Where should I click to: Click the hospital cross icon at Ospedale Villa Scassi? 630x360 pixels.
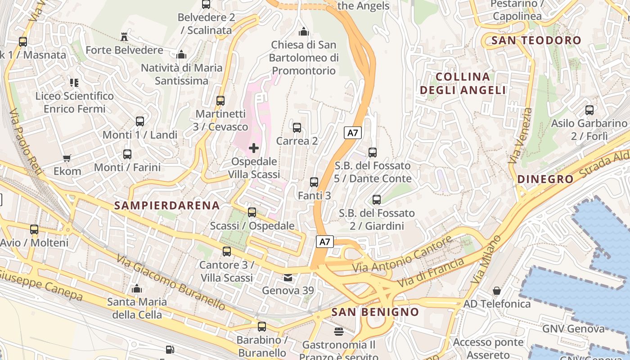254,148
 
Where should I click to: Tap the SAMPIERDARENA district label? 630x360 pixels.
167,206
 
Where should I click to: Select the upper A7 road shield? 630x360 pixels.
353,133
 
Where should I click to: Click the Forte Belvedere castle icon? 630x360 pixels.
124,36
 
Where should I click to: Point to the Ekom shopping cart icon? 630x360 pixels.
67,158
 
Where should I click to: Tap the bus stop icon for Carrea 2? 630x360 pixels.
297,127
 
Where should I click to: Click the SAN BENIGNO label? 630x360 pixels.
375,312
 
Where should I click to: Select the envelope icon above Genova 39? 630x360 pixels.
288,277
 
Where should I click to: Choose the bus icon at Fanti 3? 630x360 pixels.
314,182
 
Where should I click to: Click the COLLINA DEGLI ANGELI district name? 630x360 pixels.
463,83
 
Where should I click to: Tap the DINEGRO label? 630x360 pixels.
545,179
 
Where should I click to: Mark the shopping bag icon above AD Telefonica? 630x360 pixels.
497,291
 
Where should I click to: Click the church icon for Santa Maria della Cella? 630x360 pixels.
137,288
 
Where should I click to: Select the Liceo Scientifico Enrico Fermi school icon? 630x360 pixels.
74,82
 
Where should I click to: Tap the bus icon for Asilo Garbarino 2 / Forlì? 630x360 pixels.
589,110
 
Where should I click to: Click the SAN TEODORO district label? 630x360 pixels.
536,40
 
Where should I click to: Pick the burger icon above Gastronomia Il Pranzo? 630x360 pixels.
339,332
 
